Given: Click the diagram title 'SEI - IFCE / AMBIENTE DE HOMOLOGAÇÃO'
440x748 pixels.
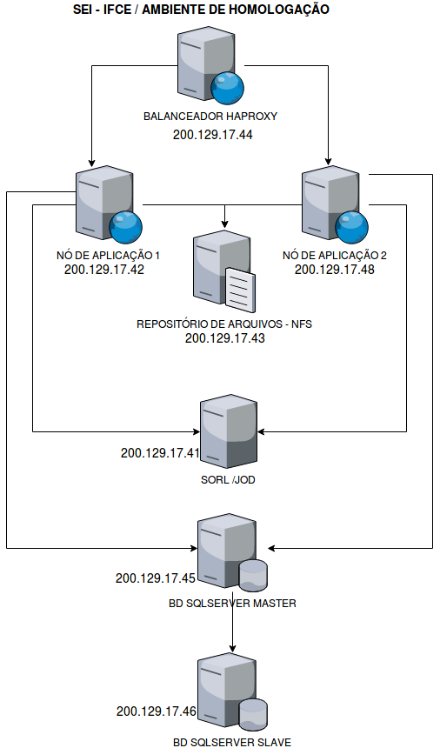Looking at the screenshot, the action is (x=201, y=9).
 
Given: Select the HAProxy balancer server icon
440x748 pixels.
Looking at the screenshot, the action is (x=210, y=66).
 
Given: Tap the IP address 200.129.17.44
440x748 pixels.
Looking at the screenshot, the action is (x=213, y=135).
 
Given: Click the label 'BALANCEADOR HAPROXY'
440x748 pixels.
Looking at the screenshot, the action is (x=210, y=117).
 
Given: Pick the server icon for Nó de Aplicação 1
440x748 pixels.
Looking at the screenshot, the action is (x=109, y=204).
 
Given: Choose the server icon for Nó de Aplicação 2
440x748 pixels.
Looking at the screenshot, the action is (x=335, y=204).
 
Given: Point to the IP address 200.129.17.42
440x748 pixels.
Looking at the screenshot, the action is (x=104, y=270).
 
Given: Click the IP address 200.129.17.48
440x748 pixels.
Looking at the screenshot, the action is (x=335, y=270).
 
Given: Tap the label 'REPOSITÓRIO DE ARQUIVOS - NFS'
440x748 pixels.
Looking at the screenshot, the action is (x=224, y=324).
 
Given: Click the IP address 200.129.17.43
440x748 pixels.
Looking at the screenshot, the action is (x=225, y=338).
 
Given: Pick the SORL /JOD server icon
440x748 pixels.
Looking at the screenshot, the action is (x=229, y=431).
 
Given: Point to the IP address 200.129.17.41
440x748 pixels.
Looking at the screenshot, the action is (x=160, y=452).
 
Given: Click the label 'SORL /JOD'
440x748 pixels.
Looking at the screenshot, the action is (x=228, y=480).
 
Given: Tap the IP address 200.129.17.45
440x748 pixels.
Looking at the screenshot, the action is (x=156, y=578).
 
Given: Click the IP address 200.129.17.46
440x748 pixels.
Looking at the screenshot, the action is (x=157, y=711).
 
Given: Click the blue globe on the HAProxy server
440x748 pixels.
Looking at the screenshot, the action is (x=228, y=88).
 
